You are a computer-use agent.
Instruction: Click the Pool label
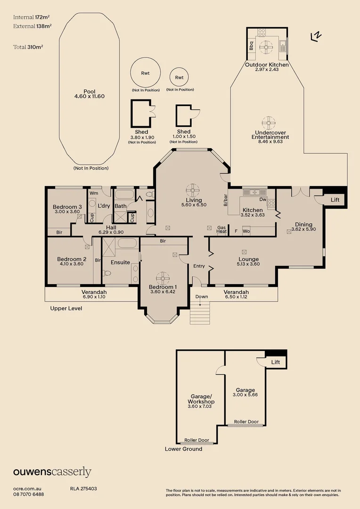[89, 91]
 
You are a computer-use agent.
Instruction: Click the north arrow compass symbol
[316, 36]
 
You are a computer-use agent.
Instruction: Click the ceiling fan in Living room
[193, 190]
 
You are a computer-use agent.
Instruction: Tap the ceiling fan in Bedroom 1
[163, 278]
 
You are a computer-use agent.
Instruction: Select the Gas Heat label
[222, 230]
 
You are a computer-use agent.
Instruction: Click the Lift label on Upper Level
[335, 200]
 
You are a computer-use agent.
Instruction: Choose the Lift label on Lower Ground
[275, 362]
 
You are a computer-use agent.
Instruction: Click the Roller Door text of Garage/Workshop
[196, 440]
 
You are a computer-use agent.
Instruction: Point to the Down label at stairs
[202, 297]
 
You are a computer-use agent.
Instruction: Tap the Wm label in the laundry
[93, 193]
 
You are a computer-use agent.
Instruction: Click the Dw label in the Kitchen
[263, 199]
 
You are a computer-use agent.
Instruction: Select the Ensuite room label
[120, 263]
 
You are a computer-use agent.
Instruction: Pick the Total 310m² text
[28, 47]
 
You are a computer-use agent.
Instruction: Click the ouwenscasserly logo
[52, 472]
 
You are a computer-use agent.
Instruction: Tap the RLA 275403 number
[83, 489]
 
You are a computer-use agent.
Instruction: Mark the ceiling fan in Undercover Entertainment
[269, 123]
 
